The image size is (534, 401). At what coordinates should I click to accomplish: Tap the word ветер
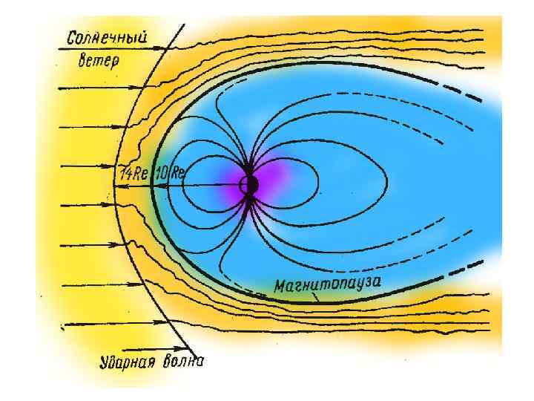tap(98, 61)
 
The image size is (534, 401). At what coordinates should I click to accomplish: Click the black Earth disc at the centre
tap(251, 185)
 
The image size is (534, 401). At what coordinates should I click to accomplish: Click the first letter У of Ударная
tap(105, 363)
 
